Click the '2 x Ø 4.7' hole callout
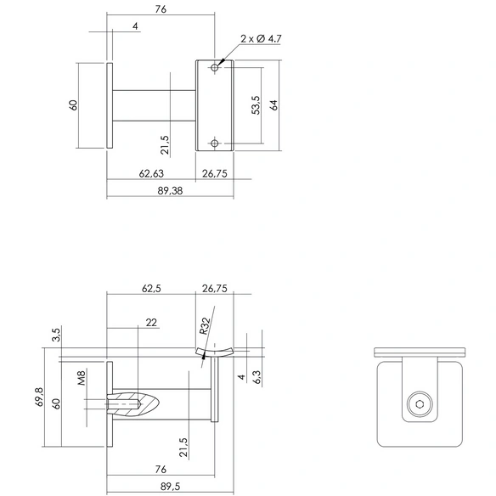[261, 39]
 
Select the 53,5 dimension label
[256, 105]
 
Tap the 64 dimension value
[274, 105]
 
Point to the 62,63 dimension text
[151, 173]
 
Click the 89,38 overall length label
[170, 191]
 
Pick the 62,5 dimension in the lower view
[151, 289]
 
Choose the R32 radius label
[205, 326]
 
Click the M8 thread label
[82, 378]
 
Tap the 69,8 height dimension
[40, 397]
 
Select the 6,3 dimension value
[256, 377]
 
